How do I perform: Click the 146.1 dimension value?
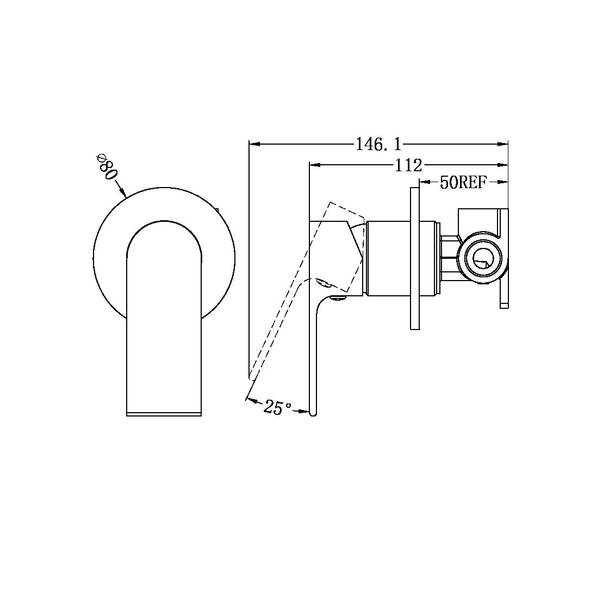378,144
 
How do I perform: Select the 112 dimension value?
408,164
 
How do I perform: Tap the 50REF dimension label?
463,183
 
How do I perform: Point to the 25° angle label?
278,407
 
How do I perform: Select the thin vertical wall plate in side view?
415,258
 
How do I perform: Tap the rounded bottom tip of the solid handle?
312,413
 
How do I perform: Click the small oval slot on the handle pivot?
322,282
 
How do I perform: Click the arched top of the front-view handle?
164,223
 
